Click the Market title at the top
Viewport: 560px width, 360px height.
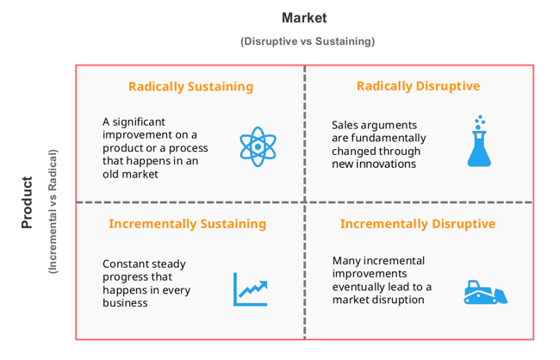[x=304, y=18]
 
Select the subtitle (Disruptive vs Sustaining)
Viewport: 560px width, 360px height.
[x=308, y=41]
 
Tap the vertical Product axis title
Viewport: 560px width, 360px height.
[x=27, y=202]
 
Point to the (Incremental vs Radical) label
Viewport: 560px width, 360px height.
[x=53, y=211]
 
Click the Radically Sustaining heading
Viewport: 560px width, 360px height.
[x=190, y=86]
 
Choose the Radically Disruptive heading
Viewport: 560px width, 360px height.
[x=418, y=86]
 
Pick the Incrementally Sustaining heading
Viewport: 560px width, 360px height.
[x=188, y=224]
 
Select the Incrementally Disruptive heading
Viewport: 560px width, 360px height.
[x=418, y=224]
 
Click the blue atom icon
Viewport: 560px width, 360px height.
[x=258, y=146]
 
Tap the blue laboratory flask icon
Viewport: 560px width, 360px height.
[x=479, y=141]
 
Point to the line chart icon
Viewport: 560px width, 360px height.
[x=251, y=289]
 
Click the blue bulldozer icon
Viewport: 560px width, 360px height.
[x=485, y=293]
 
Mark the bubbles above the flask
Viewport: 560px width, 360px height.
[x=480, y=122]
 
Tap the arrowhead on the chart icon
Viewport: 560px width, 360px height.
[x=264, y=285]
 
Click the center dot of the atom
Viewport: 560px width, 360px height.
[x=258, y=146]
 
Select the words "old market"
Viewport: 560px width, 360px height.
[x=130, y=174]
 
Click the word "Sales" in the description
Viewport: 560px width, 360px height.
[x=345, y=126]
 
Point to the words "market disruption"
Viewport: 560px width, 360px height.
[x=378, y=300]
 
